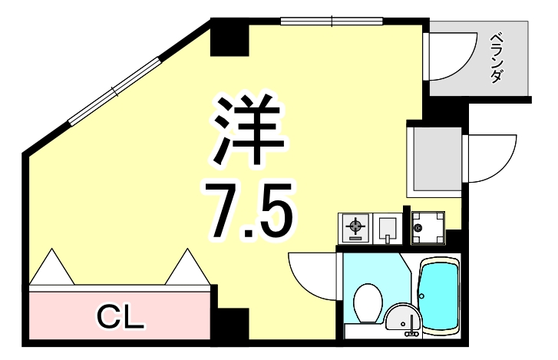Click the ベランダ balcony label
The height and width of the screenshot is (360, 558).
point(497,57)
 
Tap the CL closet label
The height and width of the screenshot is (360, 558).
point(121,315)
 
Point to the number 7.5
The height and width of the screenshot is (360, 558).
point(246,208)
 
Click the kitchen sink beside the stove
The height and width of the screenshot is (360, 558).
point(388,227)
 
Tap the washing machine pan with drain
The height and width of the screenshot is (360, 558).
point(427,227)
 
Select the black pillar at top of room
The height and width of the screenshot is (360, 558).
point(229,38)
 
